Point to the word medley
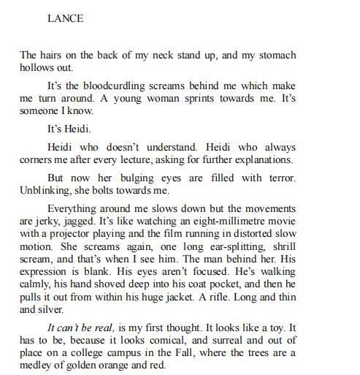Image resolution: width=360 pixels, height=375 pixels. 38,368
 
